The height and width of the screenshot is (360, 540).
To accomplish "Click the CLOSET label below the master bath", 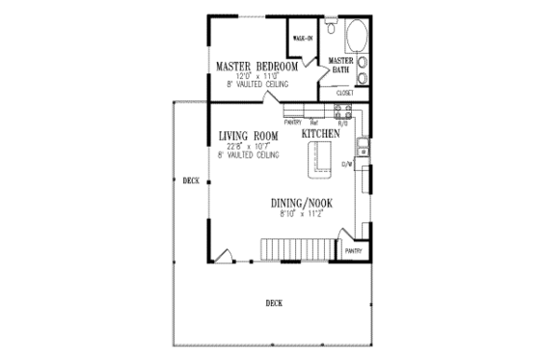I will click(344, 93).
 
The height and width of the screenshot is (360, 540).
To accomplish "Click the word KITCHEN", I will click(321, 134).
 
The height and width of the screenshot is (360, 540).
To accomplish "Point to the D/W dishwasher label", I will click(348, 164).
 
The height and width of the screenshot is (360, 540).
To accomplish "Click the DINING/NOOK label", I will click(303, 204).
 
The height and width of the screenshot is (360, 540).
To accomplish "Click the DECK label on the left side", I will click(190, 180).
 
